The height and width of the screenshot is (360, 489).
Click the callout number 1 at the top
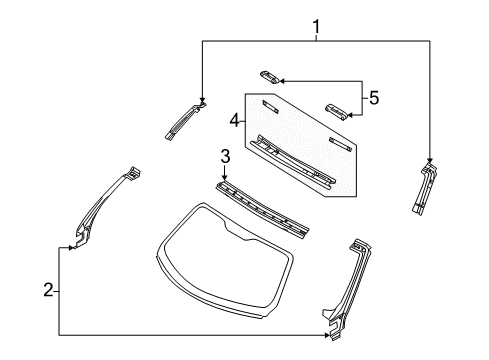317,25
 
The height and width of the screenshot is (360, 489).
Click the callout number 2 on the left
47,291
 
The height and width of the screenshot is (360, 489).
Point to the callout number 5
374,98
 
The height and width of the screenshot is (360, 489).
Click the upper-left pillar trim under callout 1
184,119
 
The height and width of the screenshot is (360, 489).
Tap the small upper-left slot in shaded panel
269,106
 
